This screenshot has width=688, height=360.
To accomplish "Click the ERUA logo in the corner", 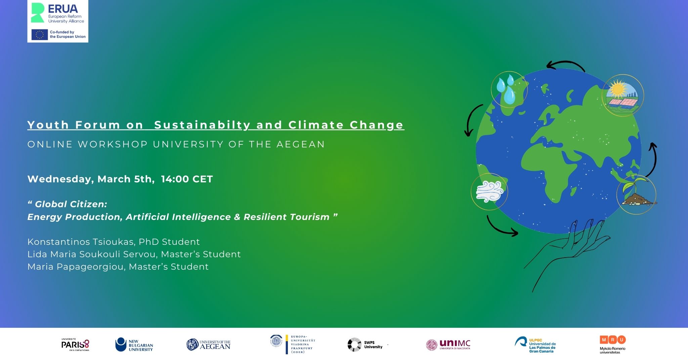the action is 57,13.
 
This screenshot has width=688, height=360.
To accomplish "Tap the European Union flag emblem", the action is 40,35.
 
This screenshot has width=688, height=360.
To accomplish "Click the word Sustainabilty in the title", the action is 202,125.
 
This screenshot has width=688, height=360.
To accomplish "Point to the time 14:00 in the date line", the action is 175,179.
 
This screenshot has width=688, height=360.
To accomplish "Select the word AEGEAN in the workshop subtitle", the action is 301,144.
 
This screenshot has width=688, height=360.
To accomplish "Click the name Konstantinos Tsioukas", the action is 81,242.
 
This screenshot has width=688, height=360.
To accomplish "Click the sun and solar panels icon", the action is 622,95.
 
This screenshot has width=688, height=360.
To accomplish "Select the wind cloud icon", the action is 489,192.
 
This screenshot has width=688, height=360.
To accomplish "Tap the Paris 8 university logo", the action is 75,345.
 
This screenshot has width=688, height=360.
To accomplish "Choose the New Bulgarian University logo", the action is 134,345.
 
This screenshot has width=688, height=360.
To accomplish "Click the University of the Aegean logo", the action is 209,345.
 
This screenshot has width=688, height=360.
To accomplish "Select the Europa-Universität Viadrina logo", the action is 293,344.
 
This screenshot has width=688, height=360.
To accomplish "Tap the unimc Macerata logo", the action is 448,345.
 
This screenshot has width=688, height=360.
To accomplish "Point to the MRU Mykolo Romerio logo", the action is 613,345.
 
